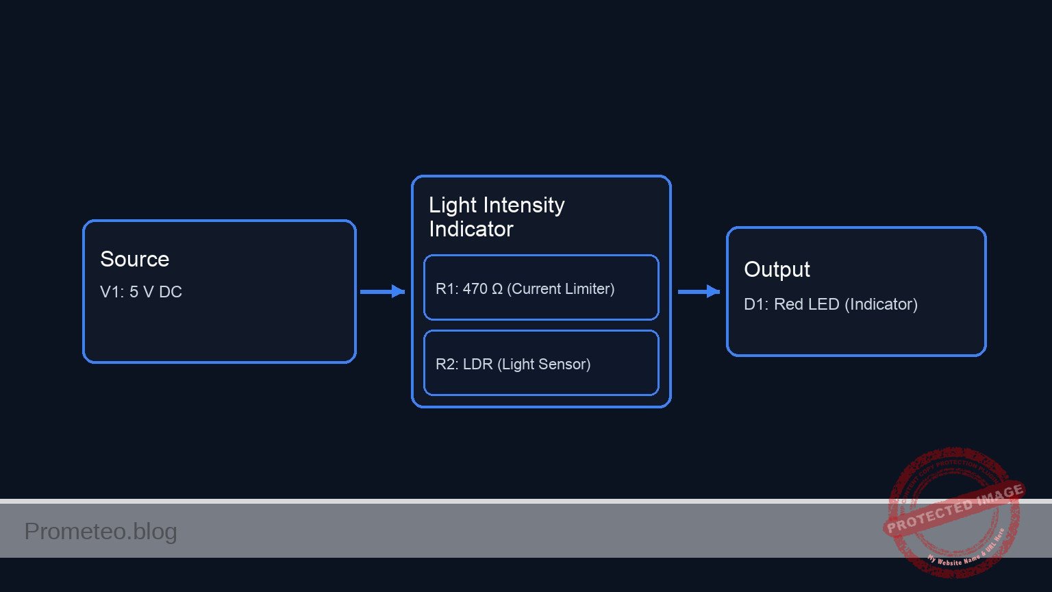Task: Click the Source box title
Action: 134,259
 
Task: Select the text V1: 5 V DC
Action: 141,292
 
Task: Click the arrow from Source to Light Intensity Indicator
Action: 382,292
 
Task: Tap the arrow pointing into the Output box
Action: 699,292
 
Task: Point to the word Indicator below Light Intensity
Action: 471,229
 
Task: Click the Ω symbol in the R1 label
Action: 497,289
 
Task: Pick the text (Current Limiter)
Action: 560,289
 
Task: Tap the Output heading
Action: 777,269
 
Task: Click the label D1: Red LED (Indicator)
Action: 830,304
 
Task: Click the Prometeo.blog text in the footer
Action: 101,531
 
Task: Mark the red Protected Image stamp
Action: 953,510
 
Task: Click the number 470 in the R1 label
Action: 475,289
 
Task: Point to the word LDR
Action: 477,365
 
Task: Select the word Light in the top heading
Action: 452,205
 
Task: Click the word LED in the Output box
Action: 824,304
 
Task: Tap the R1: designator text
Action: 447,289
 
